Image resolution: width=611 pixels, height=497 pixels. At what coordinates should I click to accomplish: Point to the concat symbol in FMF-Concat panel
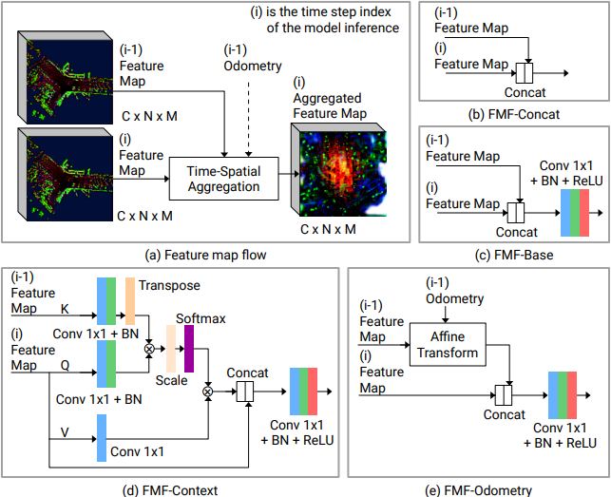524,72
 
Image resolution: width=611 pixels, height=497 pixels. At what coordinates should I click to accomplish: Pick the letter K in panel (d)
65,309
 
